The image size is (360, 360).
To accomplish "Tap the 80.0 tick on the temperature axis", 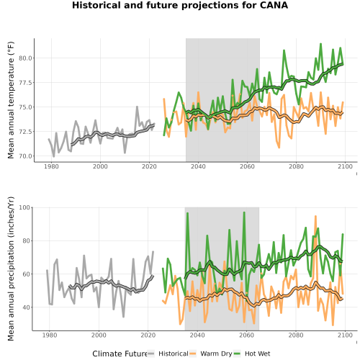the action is [x=26, y=58].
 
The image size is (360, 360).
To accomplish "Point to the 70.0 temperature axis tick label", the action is [x=26, y=156].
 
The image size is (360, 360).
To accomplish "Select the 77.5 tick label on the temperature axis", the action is [x=26, y=83].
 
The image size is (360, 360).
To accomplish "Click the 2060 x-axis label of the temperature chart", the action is [x=247, y=166].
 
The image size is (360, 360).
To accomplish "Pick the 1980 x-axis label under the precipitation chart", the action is [x=50, y=335].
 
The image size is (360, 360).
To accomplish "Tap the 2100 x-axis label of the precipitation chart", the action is [x=345, y=335].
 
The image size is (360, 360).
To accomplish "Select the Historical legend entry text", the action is [x=174, y=354].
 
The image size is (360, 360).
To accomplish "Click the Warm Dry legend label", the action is [x=216, y=354].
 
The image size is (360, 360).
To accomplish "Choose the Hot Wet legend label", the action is [x=257, y=354].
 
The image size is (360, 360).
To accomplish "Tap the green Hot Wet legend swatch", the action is [x=238, y=354].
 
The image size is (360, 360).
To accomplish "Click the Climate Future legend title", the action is [x=120, y=354].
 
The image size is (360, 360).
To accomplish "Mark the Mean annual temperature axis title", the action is [x=11, y=100].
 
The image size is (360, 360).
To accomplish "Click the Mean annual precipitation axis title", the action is [x=11, y=269].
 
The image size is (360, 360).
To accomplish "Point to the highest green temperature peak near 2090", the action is [x=320, y=44].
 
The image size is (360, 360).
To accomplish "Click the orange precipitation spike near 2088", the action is [x=315, y=216].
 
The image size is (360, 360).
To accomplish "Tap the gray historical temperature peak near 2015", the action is [x=137, y=107].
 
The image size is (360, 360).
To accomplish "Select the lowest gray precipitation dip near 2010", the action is [x=123, y=317].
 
